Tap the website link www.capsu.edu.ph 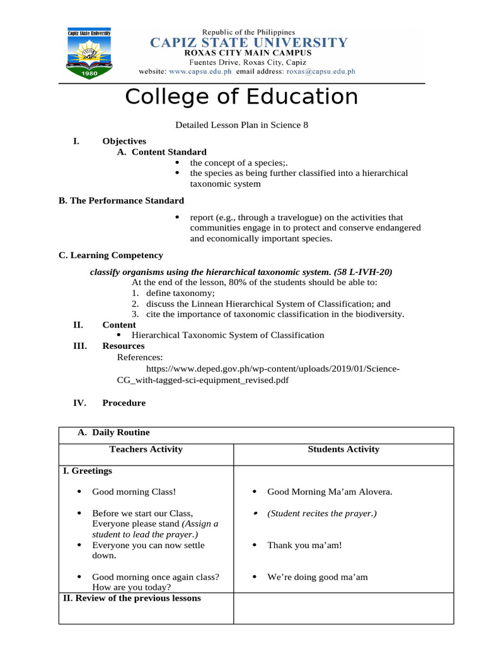point(200,72)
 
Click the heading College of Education point(241,97)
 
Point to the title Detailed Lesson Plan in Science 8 point(241,125)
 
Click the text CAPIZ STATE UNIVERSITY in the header point(248,43)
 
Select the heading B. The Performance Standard point(122,201)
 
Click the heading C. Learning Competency point(111,255)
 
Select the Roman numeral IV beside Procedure point(80,403)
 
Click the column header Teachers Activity point(146,449)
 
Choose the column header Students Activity point(343,449)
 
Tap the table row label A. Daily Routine point(113,433)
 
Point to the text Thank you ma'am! point(304,545)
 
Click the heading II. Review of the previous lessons point(132,598)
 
